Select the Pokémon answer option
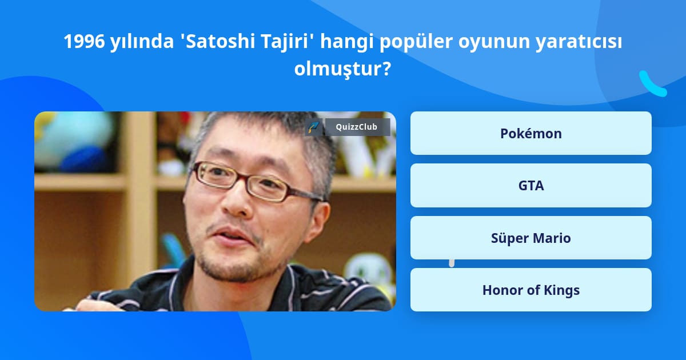click(531, 133)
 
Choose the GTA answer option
click(531, 186)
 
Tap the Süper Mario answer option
click(531, 238)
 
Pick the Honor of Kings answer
click(531, 290)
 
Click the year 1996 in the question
click(84, 41)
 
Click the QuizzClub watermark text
click(356, 127)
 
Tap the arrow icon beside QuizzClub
click(313, 127)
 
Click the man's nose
click(235, 202)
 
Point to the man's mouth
click(233, 235)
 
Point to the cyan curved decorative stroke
click(652, 84)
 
